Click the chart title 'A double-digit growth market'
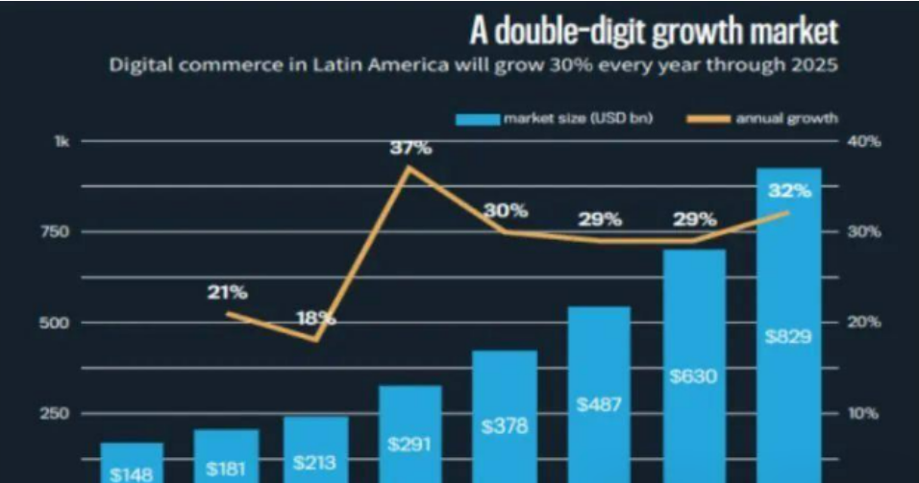click(654, 31)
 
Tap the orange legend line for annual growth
click(709, 119)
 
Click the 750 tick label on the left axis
click(59, 231)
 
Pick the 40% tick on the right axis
click(864, 141)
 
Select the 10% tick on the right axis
click(864, 414)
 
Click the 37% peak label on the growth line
click(410, 148)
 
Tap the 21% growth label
click(227, 292)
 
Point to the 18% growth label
click(315, 317)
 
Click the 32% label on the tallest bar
click(789, 190)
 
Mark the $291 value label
click(410, 445)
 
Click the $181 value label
click(227, 470)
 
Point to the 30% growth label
click(506, 210)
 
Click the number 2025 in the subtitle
click(814, 67)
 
